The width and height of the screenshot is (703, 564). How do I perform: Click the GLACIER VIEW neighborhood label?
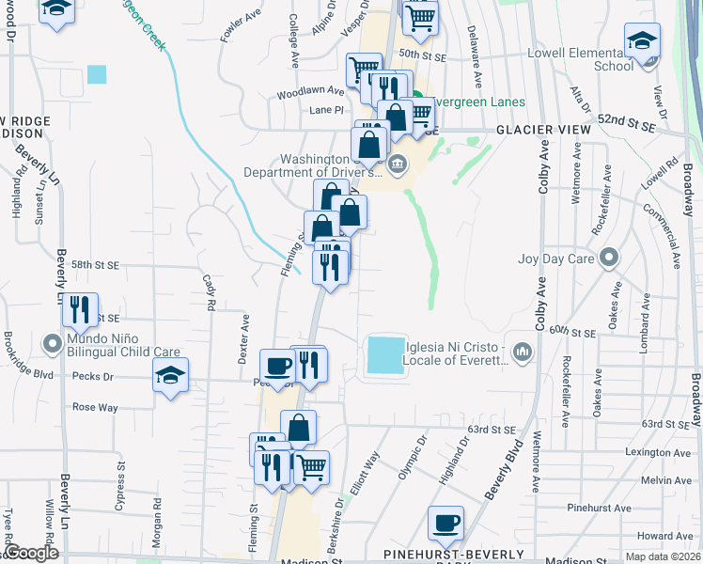542,129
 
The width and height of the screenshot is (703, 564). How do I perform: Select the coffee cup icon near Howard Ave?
445,523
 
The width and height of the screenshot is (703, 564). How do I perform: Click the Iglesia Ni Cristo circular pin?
523,352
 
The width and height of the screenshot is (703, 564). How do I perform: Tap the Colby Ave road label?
542,167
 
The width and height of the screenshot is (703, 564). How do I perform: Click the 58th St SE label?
94,267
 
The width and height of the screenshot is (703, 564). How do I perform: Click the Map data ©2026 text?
664,556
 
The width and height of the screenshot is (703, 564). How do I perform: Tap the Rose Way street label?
95,407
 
